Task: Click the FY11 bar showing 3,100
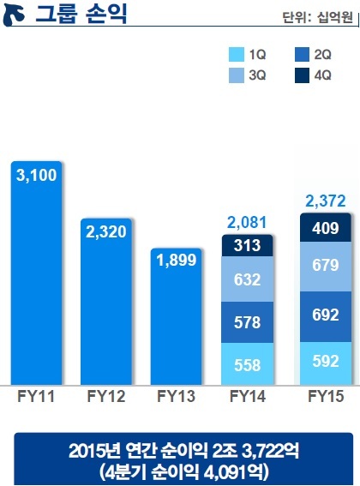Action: click(36, 273)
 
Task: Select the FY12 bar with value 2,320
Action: click(106, 302)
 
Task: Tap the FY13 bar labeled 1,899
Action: click(176, 316)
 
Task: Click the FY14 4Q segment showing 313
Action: click(247, 245)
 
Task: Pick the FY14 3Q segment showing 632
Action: click(247, 279)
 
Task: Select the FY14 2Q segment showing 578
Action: click(247, 322)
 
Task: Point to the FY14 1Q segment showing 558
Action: click(247, 364)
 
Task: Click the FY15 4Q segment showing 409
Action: click(326, 227)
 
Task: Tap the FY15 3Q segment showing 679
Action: click(326, 267)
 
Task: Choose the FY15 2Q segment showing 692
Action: click(326, 317)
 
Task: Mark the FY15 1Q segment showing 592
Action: click(326, 363)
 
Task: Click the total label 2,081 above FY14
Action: click(247, 223)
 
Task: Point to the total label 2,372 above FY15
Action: click(325, 201)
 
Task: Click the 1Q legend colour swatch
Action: click(237, 55)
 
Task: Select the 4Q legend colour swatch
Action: click(302, 75)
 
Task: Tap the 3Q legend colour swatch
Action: click(237, 75)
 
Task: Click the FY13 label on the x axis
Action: click(176, 396)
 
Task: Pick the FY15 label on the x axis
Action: click(326, 396)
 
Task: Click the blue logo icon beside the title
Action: click(14, 16)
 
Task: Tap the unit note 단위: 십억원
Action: click(317, 17)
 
